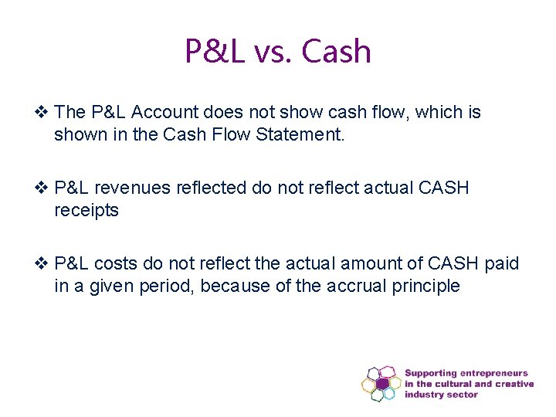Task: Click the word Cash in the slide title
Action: pyautogui.click(x=337, y=52)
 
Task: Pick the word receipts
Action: pyautogui.click(x=86, y=210)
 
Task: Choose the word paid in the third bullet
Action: pyautogui.click(x=502, y=265)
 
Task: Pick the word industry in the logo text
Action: pyautogui.click(x=425, y=395)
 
